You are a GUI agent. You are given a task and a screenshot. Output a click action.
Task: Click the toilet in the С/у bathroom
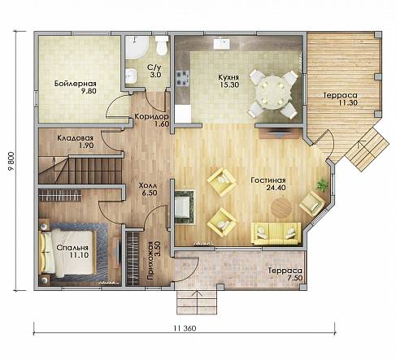162,46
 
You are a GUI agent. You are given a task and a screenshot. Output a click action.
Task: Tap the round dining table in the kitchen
272,93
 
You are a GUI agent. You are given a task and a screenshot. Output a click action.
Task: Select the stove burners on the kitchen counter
182,78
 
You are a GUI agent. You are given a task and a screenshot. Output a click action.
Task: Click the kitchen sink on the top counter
222,44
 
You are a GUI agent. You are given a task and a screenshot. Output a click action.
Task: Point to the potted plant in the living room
322,185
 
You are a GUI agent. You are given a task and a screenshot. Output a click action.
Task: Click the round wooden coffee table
281,208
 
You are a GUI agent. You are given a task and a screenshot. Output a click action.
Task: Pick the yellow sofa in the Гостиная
276,233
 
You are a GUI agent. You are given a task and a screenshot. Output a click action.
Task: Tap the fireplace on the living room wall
185,207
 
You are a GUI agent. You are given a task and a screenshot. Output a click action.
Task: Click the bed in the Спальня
67,252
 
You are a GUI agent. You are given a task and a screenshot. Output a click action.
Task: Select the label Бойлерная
76,83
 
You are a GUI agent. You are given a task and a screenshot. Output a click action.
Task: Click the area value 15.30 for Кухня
229,85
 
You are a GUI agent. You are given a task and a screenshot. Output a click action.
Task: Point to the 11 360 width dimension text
185,328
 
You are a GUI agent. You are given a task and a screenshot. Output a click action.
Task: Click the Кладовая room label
75,138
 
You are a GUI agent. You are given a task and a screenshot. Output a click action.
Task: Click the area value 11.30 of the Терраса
348,102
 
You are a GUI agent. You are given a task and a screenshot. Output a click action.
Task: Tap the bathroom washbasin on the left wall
131,76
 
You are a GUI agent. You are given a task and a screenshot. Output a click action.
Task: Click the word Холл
148,186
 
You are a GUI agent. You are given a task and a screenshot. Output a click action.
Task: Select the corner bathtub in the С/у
137,47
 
